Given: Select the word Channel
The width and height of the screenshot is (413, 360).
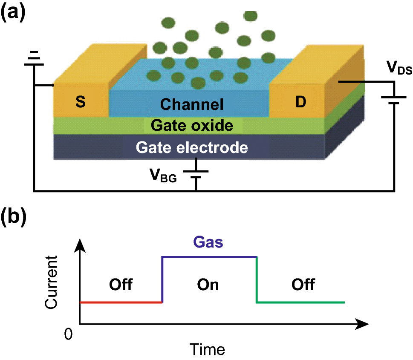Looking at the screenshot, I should pos(192,104).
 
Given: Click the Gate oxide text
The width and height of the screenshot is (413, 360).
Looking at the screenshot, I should pos(192,126).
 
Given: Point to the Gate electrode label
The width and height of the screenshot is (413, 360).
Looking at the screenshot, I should pos(192,147).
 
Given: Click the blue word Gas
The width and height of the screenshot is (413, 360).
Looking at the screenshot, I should pos(209,243).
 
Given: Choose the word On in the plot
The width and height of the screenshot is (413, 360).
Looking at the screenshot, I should pos(208,284).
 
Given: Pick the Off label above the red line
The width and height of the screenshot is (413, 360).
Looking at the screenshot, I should pos(121,284).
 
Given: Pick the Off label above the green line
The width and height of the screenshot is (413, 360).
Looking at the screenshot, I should pos(303,284).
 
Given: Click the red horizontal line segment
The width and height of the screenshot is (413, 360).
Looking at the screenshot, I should pos(121,302).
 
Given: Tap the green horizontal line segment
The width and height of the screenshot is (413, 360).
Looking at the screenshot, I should pos(300,302).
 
